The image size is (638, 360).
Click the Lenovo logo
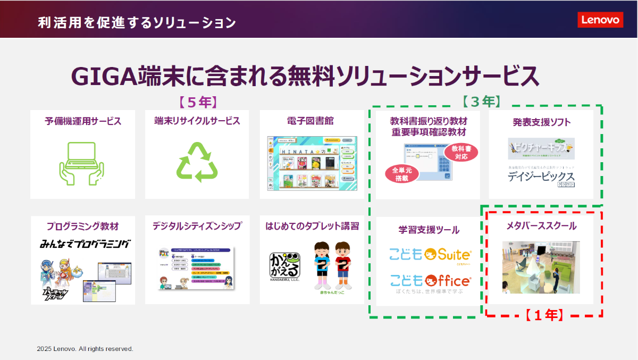600,20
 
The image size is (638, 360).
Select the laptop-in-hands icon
82,162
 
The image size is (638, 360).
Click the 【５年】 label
198,102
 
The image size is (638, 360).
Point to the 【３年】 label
481,101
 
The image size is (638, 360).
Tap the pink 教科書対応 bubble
461,152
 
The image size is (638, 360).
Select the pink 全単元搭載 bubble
401,174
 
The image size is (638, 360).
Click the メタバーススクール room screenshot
541,267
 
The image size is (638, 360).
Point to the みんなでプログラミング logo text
85,245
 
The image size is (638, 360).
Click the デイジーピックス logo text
541,177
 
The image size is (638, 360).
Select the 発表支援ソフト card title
541,122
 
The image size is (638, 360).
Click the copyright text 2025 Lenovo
85,349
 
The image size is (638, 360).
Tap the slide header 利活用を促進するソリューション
137,23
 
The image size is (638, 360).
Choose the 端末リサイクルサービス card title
197,121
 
